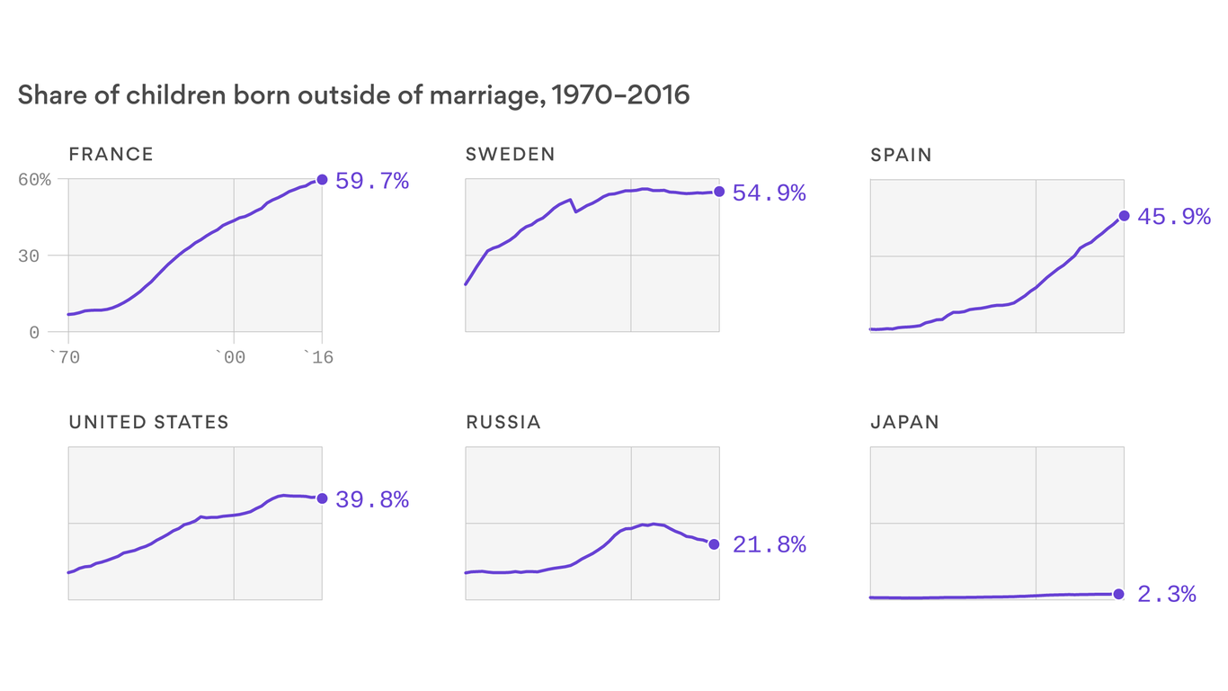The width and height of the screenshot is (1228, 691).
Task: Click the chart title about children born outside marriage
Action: point(353,95)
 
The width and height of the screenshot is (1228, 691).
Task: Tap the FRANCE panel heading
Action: point(111,155)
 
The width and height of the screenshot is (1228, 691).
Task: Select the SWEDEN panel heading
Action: point(510,155)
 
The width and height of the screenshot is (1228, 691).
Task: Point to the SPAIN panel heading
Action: point(901,155)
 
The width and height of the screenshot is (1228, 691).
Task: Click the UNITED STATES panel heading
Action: point(148,422)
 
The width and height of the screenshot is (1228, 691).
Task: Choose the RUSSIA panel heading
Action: point(503,422)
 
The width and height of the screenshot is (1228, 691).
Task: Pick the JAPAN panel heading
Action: point(904,422)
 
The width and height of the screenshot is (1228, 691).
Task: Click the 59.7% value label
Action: point(372,182)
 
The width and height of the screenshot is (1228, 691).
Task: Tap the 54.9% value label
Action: point(769,193)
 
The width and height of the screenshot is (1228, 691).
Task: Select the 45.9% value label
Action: point(1174,217)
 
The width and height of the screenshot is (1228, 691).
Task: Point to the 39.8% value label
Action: point(372,500)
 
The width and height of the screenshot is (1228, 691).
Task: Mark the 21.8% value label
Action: point(769,545)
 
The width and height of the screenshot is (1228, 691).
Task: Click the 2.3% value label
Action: point(1167,595)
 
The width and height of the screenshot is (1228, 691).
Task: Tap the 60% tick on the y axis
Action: point(35,179)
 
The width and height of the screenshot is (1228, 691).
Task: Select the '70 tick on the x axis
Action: point(65,358)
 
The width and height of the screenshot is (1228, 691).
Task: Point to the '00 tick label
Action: point(232,358)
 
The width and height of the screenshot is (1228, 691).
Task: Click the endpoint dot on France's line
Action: point(322,179)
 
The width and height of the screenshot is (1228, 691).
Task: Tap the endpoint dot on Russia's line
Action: point(714,543)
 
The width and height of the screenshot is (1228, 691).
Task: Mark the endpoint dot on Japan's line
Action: point(1118,594)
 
